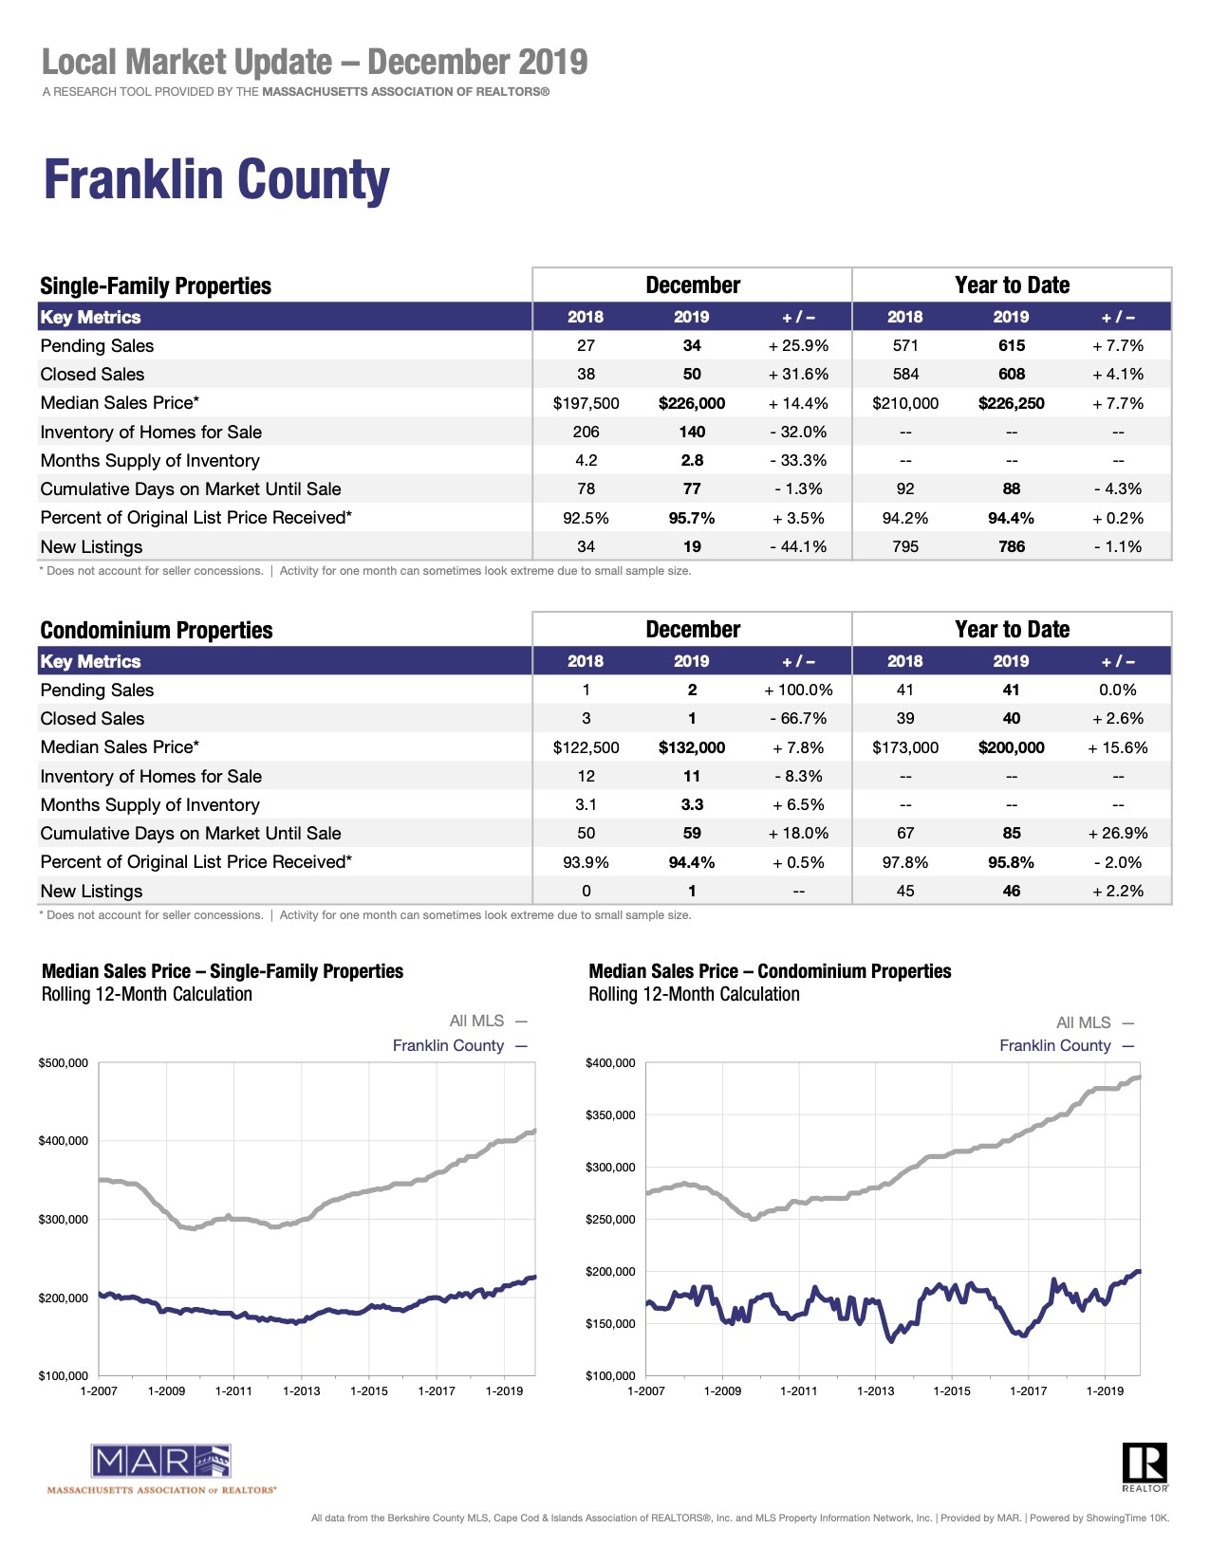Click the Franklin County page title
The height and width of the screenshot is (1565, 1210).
coord(216,179)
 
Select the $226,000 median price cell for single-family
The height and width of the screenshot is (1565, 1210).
coord(691,403)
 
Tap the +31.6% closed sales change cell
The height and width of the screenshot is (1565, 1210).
coord(798,375)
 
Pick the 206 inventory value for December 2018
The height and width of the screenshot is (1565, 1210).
coord(586,433)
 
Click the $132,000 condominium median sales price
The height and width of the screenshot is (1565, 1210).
coord(691,747)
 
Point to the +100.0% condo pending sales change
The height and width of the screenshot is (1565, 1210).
coord(798,690)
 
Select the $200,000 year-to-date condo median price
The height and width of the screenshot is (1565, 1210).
coord(1011,747)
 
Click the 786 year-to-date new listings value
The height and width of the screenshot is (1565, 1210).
coord(1011,546)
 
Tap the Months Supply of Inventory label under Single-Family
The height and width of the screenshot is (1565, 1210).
coord(150,461)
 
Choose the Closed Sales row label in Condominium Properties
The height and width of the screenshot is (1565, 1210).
coord(92,719)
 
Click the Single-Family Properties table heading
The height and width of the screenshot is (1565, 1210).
coord(156,285)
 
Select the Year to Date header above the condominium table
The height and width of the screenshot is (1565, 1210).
coord(1012,630)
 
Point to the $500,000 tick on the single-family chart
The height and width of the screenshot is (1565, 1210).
coord(64,1063)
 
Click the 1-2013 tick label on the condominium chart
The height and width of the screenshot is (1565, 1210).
coord(875,1390)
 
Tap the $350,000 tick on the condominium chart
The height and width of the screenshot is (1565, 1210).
coord(610,1115)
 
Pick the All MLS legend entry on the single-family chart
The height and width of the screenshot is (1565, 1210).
coord(488,1022)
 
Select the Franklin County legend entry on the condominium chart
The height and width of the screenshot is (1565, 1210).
coord(1067,1046)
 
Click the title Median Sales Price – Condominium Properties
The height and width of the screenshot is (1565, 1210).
coord(770,971)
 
